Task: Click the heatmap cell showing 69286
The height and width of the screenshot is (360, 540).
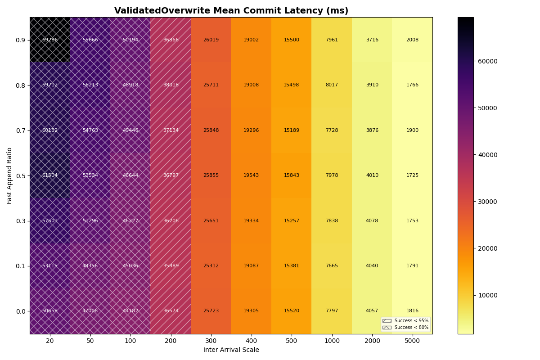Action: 50,40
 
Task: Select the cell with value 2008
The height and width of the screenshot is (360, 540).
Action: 412,40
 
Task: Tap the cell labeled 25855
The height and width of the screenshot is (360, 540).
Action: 211,175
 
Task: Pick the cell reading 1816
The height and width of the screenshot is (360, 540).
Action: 412,311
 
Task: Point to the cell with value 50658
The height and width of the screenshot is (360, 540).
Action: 50,311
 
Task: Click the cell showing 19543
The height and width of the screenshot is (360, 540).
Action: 251,175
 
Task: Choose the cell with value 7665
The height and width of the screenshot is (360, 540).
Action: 332,266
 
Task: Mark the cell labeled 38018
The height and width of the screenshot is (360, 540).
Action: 171,85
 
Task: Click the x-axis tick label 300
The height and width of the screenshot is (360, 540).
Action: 211,341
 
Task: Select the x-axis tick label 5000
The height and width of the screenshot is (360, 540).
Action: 412,341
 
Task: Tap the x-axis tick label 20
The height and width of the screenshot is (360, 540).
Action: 50,341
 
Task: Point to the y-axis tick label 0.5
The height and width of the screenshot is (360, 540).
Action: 20,175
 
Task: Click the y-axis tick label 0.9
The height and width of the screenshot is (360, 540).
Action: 20,40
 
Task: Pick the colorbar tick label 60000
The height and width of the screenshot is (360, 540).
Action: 487,61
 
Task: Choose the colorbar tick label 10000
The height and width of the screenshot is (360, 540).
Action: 487,295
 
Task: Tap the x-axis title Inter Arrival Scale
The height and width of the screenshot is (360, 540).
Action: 231,350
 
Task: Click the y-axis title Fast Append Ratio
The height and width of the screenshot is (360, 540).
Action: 9,175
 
